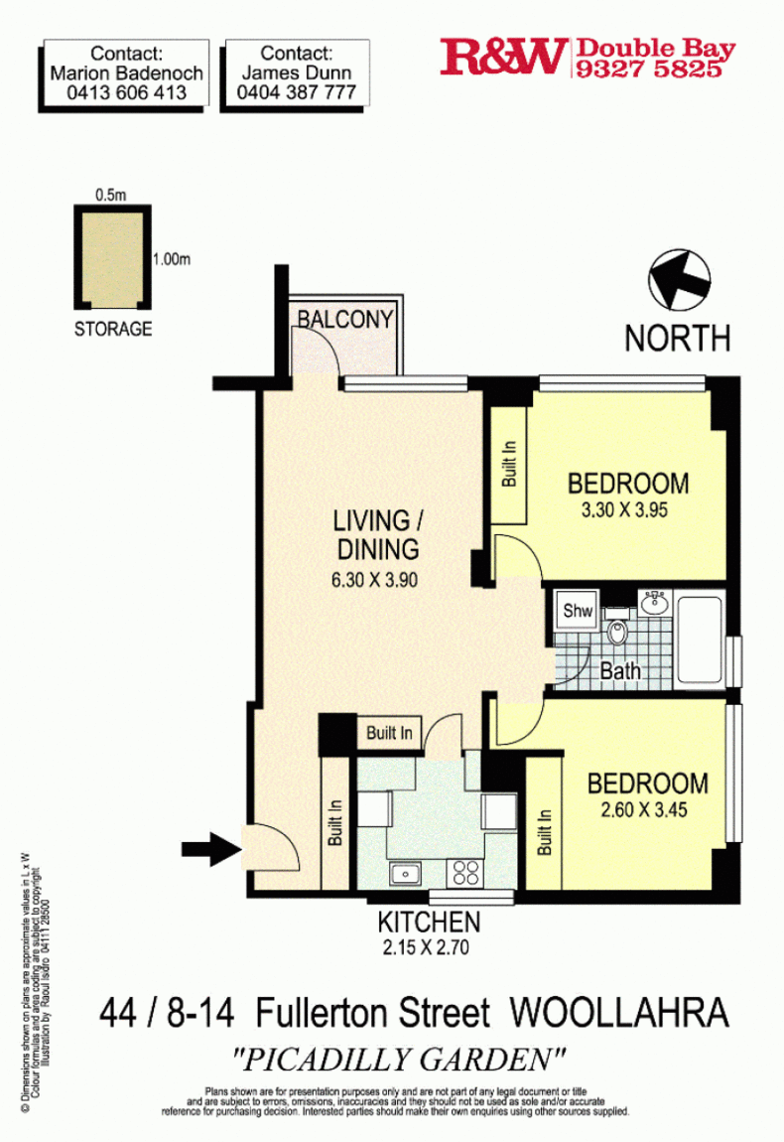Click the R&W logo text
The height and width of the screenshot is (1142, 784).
(504, 57)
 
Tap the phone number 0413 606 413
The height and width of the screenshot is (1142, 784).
(127, 92)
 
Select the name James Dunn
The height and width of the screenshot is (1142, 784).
(296, 72)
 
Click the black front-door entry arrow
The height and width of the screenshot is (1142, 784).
(210, 848)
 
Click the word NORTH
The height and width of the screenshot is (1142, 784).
(677, 338)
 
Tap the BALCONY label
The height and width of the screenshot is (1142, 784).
(345, 320)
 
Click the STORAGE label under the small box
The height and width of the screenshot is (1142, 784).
(113, 329)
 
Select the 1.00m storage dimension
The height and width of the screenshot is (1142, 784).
(171, 260)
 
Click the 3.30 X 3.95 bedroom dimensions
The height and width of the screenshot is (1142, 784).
(628, 513)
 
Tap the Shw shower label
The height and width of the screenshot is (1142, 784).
(577, 612)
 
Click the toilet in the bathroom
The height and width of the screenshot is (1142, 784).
(617, 632)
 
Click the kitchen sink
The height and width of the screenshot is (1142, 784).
(406, 874)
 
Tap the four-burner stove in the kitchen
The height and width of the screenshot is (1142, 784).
(465, 873)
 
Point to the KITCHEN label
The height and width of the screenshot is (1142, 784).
(429, 922)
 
